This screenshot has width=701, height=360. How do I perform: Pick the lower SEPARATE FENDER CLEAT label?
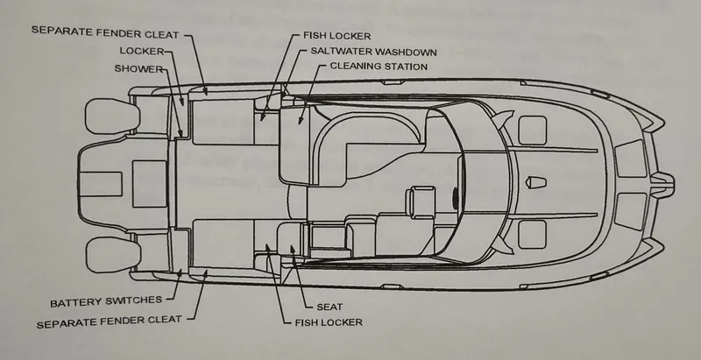[x=110, y=321]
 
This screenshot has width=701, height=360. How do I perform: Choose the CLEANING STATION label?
[x=379, y=67]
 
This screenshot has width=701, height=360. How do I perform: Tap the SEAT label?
[x=329, y=307]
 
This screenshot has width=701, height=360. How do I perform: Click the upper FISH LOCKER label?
[x=337, y=35]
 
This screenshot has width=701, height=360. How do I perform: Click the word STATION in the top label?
[x=404, y=67]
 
